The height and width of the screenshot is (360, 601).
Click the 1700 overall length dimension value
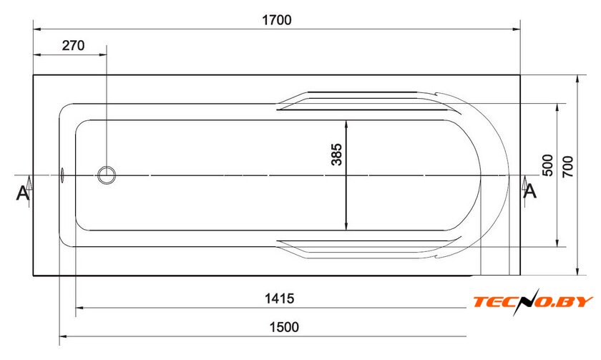point(276,20)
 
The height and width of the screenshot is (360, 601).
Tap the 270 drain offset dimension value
point(73,46)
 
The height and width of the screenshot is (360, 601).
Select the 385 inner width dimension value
point(336,155)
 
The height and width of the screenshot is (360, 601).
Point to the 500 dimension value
point(548,165)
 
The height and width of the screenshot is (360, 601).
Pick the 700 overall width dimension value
point(567,166)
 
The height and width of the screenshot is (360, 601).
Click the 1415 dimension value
point(280,298)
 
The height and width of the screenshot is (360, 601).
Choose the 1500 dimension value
point(284,327)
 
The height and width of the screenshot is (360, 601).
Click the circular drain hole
point(107,175)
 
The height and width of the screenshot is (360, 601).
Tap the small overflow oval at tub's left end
point(62,175)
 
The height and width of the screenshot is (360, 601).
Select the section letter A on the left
point(23,193)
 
